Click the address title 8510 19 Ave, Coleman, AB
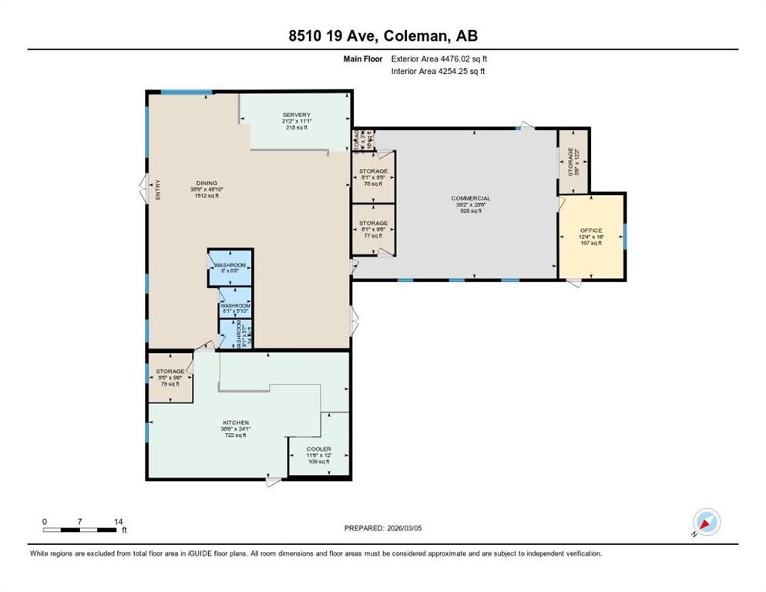point(382,35)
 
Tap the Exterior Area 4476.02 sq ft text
point(439,58)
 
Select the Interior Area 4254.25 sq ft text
point(438,71)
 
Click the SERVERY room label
point(296,115)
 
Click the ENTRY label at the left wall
point(159,190)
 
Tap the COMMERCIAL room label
point(471,199)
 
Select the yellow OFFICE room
point(591,236)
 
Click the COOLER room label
point(318,449)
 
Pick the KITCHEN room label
point(234,423)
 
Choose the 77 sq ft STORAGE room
point(373,229)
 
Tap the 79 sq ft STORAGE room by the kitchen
point(170,378)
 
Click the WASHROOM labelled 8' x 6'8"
point(230,268)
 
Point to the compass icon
point(706,523)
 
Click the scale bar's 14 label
point(118,521)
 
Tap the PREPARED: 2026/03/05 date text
point(383,528)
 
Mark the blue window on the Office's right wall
point(625,236)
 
